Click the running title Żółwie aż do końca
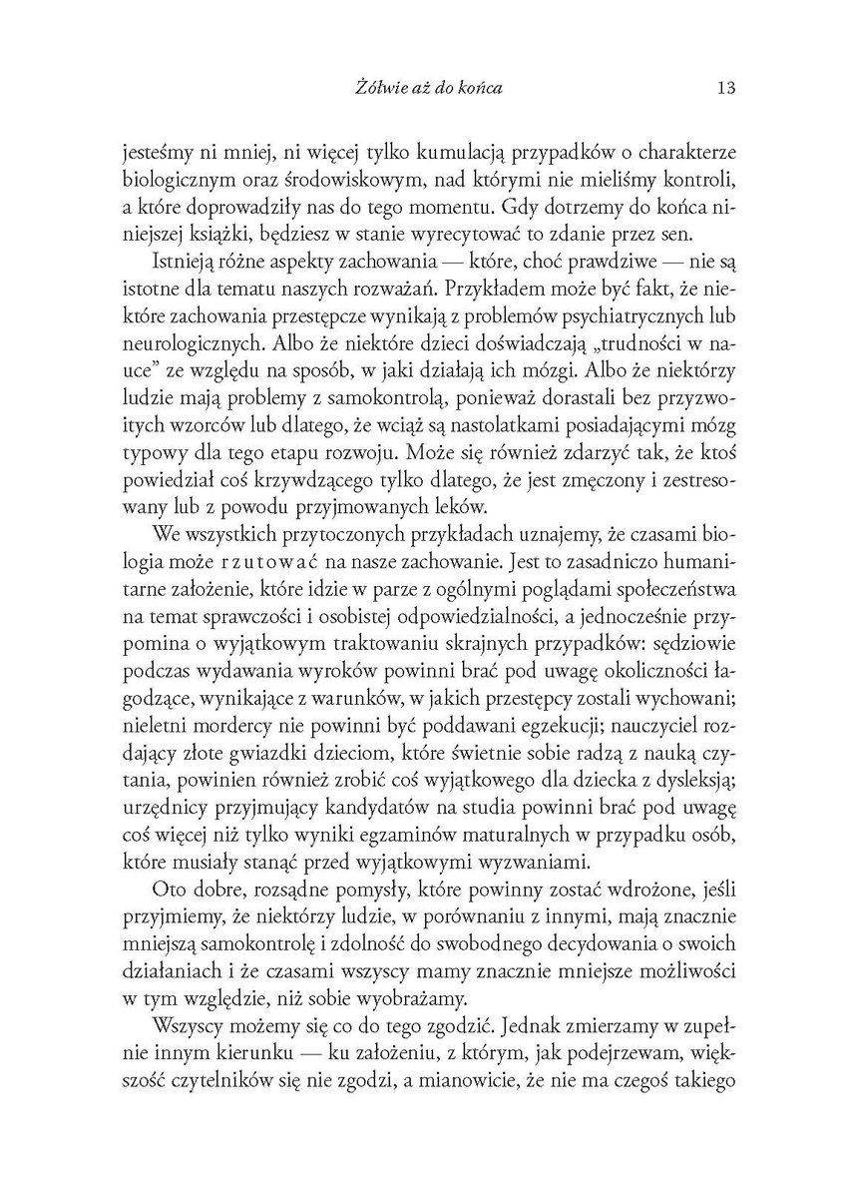tap(420, 87)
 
